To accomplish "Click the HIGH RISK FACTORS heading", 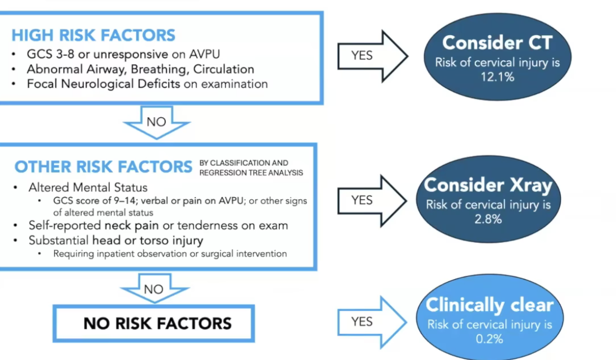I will pos(93,35).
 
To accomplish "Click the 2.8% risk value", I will pos(488,219).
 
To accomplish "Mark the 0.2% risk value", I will pos(489,339).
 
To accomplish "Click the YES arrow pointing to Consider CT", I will pos(371,56).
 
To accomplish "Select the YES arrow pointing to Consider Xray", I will pos(371,200).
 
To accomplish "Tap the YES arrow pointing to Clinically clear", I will pos(371,321).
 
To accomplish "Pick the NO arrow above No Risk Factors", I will pos(154,290).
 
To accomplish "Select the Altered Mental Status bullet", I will pos(88,186).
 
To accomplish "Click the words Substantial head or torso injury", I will pos(116,240).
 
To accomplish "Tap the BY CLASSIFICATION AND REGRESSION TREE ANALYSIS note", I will pos(251,168).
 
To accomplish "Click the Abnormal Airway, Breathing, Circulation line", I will pos(140,69).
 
